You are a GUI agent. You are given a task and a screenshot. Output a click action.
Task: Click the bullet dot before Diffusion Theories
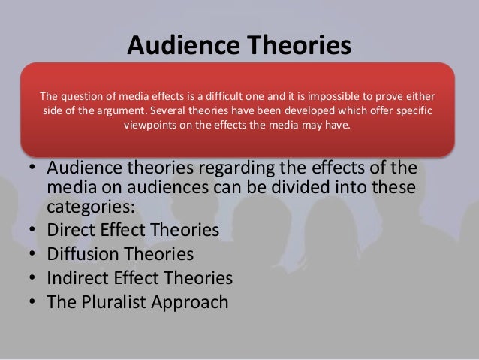35,254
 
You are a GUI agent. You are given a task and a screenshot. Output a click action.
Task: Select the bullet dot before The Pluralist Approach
35,304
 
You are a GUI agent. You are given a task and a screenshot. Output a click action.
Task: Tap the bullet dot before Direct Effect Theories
35,229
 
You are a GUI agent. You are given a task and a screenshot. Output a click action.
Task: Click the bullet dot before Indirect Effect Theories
35,279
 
